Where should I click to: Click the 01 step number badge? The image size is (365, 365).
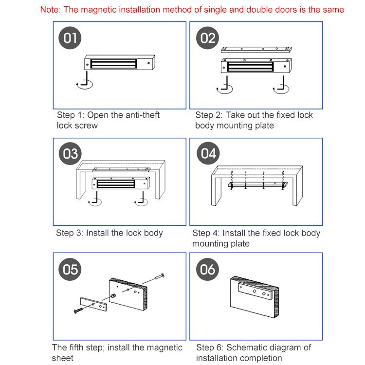point(71,38)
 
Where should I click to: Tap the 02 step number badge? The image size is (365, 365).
point(208,38)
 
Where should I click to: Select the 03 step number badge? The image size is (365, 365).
point(71,153)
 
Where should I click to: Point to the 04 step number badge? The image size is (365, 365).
point(208,153)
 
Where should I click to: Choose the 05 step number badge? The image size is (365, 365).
point(71,269)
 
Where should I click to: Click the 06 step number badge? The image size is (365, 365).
point(208,269)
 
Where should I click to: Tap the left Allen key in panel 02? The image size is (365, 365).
point(224,86)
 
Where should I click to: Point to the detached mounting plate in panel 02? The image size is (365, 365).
point(256,49)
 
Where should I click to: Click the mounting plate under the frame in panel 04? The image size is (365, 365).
point(258,185)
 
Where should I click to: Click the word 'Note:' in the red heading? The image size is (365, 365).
point(51,10)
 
